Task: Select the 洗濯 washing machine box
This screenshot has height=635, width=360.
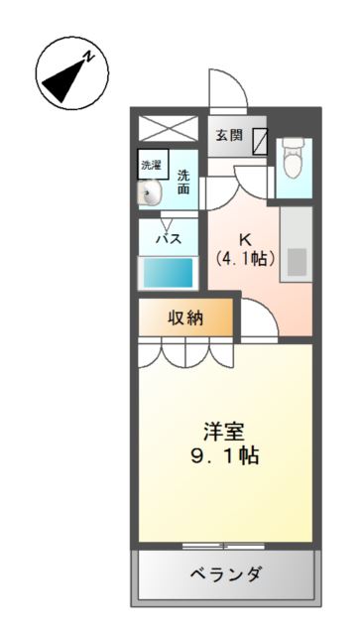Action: coord(152,164)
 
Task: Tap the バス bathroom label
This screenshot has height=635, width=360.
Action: coord(168,239)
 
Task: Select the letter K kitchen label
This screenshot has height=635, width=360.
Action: coord(243,239)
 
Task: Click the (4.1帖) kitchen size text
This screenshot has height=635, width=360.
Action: coord(245,259)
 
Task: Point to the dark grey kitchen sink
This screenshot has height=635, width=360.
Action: coord(297,260)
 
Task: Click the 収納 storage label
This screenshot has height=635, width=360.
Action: coord(185,317)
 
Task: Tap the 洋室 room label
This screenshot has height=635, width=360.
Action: coord(226,434)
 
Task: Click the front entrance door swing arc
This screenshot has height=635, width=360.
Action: coord(227,90)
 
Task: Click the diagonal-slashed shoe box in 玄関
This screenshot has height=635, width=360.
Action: coord(259,141)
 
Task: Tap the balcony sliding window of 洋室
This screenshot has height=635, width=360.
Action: coord(224,545)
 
